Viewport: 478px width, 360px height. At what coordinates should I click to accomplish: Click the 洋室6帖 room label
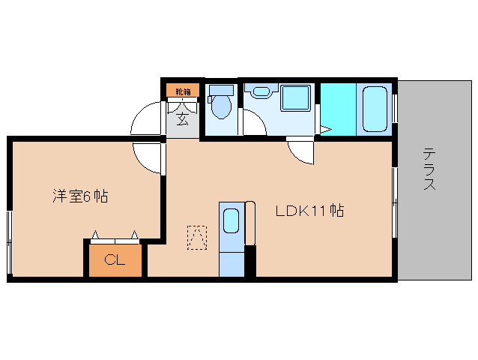[x=80, y=196]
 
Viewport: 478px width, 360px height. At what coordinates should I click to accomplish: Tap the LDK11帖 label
[x=309, y=211]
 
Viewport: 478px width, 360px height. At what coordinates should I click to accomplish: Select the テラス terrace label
[x=429, y=169]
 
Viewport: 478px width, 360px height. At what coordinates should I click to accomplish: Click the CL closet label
[x=114, y=260]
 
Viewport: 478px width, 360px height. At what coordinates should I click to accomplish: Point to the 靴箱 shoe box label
[x=183, y=91]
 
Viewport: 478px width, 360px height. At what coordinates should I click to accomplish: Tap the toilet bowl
[x=220, y=107]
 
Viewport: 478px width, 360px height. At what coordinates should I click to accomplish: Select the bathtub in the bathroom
[x=375, y=109]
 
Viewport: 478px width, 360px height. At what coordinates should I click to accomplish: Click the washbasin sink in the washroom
[x=261, y=92]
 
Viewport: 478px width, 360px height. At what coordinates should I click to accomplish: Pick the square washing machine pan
[x=294, y=99]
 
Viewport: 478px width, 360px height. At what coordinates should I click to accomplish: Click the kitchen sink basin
[x=232, y=222]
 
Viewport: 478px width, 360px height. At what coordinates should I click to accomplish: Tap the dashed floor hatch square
[x=196, y=236]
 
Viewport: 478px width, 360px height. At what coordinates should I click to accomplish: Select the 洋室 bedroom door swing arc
[x=147, y=155]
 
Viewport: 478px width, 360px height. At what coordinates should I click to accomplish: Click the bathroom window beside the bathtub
[x=396, y=109]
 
